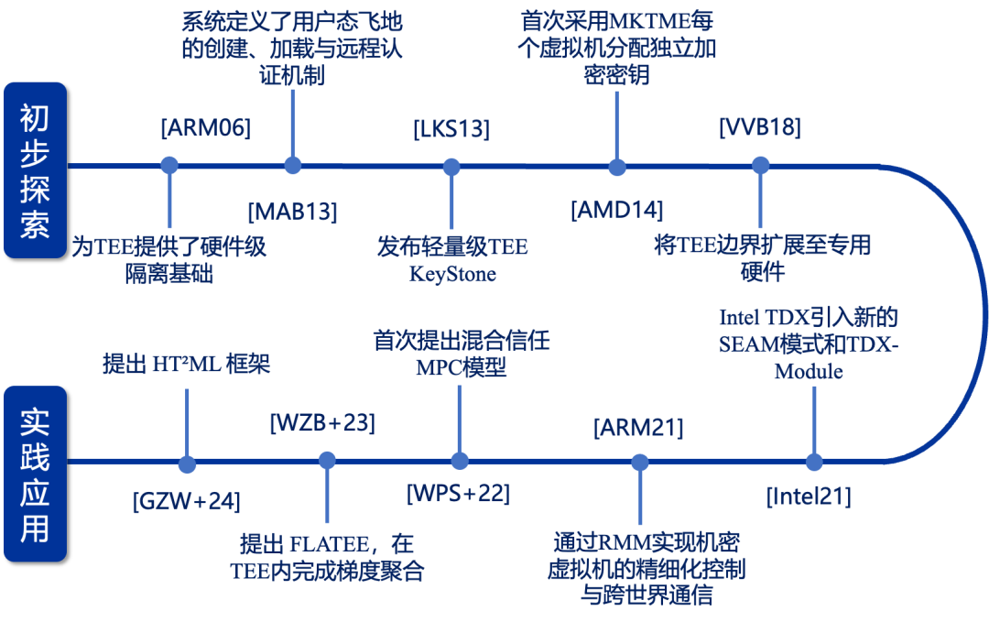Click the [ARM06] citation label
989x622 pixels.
tap(206, 127)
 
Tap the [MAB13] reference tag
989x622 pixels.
tap(293, 211)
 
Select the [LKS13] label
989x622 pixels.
tap(451, 128)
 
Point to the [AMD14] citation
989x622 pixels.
tap(617, 210)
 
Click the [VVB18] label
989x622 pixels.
tap(760, 126)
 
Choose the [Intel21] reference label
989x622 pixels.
tap(809, 496)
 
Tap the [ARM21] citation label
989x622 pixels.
tap(638, 427)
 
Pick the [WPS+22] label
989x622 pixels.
tap(459, 493)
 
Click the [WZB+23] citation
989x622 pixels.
tap(323, 422)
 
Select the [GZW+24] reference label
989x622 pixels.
tap(187, 501)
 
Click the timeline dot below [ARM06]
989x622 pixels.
tap(169, 165)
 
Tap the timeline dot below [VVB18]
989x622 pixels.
tap(761, 165)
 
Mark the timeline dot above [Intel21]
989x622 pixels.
tap(814, 462)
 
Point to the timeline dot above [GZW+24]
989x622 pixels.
tap(187, 464)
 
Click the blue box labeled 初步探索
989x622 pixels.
tap(36, 170)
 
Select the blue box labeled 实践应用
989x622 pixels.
tap(36, 474)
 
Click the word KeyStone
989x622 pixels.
tap(453, 274)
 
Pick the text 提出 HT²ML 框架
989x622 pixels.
tap(186, 364)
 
